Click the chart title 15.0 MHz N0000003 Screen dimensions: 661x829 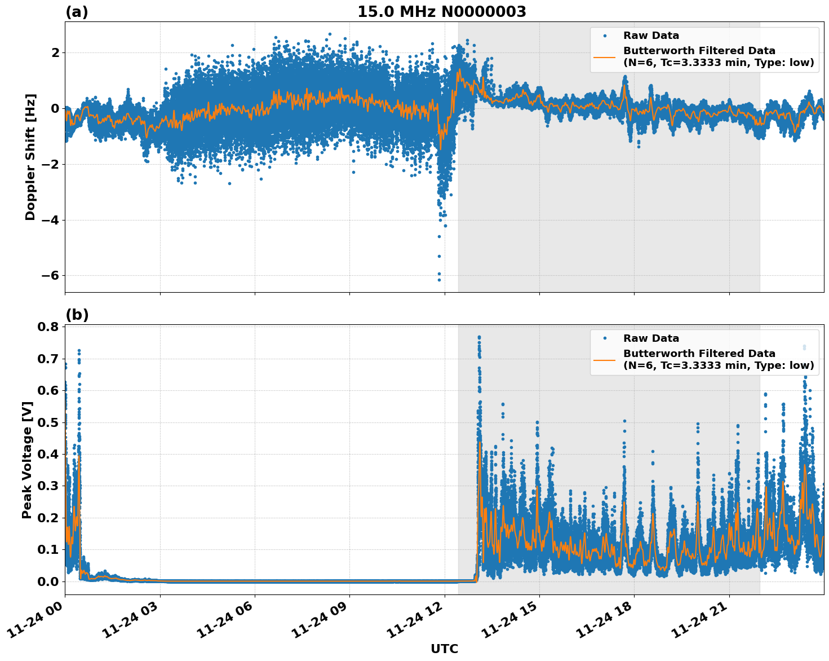pyautogui.click(x=441, y=12)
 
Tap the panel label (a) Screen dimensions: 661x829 pyautogui.click(x=77, y=12)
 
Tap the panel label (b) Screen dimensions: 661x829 pyautogui.click(x=77, y=315)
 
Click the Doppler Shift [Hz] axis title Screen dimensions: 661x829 pyautogui.click(x=30, y=157)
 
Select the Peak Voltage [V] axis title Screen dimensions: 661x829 pyautogui.click(x=27, y=460)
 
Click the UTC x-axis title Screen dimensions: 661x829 pyautogui.click(x=444, y=649)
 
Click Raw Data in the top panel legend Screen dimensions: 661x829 pyautogui.click(x=651, y=36)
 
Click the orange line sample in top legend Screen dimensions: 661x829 pyautogui.click(x=605, y=56)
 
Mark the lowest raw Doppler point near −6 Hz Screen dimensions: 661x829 pyautogui.click(x=439, y=280)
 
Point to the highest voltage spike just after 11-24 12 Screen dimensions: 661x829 pyautogui.click(x=479, y=337)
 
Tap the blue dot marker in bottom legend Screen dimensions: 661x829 pyautogui.click(x=605, y=338)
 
